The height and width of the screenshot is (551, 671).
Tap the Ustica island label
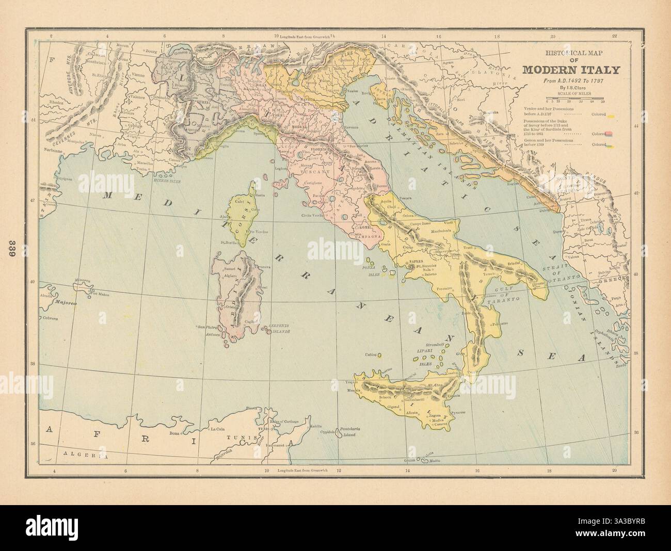pos(370,355)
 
